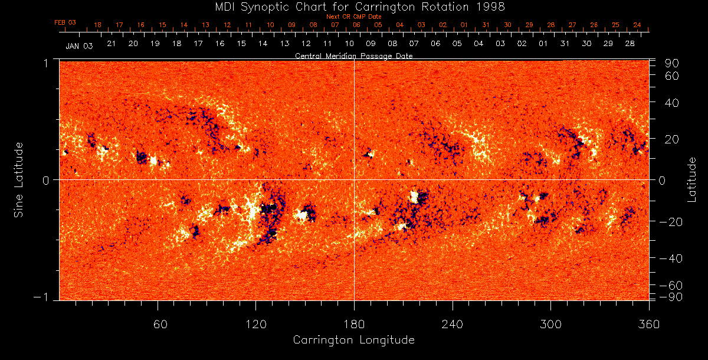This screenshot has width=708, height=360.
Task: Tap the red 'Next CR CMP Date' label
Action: [x=353, y=17]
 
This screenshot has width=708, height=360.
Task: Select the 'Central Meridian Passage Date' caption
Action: [x=353, y=55]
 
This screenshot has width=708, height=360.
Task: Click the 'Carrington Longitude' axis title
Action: [x=353, y=340]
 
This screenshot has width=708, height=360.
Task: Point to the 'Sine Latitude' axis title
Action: [x=19, y=179]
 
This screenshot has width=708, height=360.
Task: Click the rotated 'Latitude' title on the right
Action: [x=693, y=179]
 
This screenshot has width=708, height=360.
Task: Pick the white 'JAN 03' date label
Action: [x=78, y=46]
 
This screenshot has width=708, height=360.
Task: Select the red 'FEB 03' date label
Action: [x=65, y=22]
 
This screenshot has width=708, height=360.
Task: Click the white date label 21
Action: [x=111, y=44]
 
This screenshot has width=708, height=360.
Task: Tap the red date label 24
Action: [x=637, y=25]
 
